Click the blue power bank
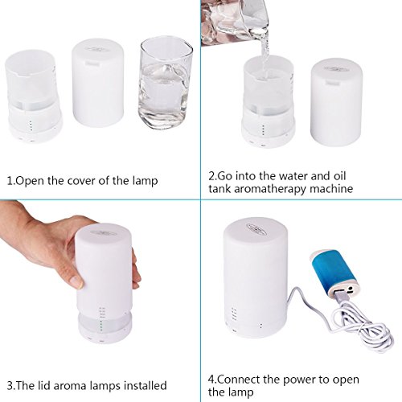334,273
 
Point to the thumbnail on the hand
76,281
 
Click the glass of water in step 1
166,83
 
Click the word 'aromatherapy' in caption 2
270,189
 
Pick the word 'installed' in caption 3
146,386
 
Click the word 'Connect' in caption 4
239,379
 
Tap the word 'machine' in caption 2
331,189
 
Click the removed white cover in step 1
98,83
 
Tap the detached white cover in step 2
337,102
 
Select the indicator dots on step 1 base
31,125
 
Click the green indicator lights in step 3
101,325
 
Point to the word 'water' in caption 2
293,176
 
